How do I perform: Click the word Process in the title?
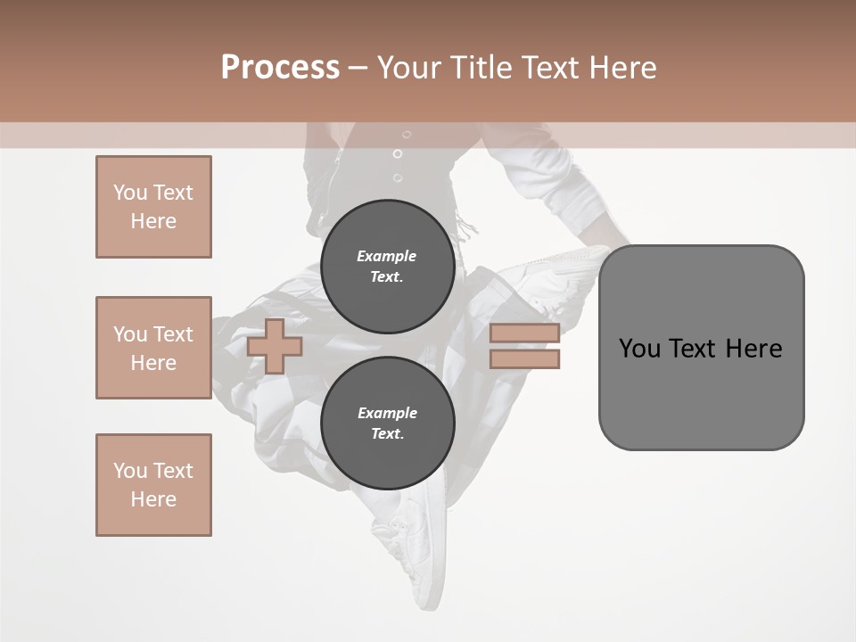(x=280, y=68)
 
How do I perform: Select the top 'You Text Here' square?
(x=153, y=207)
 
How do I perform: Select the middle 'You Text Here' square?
(x=153, y=348)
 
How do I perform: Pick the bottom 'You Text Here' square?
(x=153, y=485)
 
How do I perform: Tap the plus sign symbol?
(x=275, y=346)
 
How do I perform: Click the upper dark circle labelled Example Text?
(x=387, y=267)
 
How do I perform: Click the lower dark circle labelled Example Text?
(x=387, y=424)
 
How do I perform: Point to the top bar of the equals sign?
(x=524, y=333)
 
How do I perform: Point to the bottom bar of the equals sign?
(x=524, y=359)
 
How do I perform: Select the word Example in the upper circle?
(x=387, y=256)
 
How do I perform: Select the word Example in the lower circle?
(x=387, y=413)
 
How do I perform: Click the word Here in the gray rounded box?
(x=753, y=349)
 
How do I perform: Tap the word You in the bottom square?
(x=130, y=471)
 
